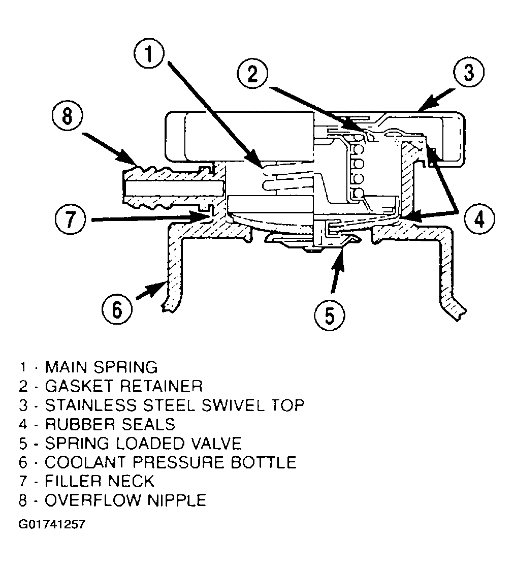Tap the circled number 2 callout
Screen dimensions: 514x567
pyautogui.click(x=252, y=74)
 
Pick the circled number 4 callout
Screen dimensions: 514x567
pyautogui.click(x=479, y=219)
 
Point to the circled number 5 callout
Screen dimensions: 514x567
pyautogui.click(x=329, y=314)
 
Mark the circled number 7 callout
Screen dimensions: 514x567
pyautogui.click(x=71, y=219)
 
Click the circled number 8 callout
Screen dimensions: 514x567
pyautogui.click(x=67, y=117)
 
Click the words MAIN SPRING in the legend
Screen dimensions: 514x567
pyautogui.click(x=101, y=367)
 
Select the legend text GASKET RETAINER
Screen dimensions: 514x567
pyautogui.click(x=123, y=386)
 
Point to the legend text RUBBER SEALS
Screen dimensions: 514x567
pyautogui.click(x=110, y=424)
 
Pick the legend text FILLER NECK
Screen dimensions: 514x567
pyautogui.click(x=100, y=481)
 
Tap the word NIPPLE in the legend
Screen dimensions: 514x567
pyautogui.click(x=177, y=500)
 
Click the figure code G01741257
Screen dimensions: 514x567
pyautogui.click(x=52, y=524)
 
